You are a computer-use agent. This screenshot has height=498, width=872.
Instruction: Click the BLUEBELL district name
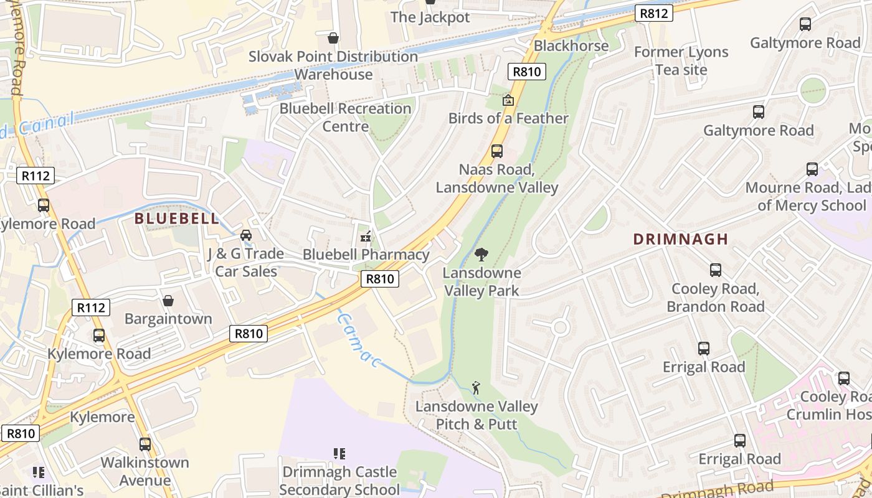pyautogui.click(x=177, y=218)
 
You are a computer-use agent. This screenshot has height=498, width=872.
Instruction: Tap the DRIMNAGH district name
pyautogui.click(x=680, y=239)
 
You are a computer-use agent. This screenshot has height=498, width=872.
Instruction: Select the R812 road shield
pyautogui.click(x=654, y=13)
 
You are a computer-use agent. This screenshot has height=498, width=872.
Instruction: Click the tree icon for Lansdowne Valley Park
pyautogui.click(x=481, y=254)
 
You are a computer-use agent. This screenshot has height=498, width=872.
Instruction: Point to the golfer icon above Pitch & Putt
pyautogui.click(x=476, y=388)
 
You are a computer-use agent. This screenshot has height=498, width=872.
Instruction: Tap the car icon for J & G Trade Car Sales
pyautogui.click(x=246, y=235)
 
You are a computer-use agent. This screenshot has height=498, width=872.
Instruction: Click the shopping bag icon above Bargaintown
pyautogui.click(x=168, y=301)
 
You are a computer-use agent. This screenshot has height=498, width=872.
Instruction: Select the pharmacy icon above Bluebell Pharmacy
pyautogui.click(x=366, y=237)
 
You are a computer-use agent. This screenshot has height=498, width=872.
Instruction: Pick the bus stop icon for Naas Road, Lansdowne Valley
pyautogui.click(x=496, y=151)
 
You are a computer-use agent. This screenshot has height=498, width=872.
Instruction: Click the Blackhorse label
pyautogui.click(x=571, y=45)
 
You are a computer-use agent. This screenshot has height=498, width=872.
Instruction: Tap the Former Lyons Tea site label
pyautogui.click(x=681, y=60)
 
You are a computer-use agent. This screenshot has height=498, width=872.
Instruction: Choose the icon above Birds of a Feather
pyautogui.click(x=508, y=100)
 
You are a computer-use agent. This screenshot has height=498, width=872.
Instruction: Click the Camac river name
pyautogui.click(x=358, y=339)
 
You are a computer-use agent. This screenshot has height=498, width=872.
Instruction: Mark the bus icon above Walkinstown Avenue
pyautogui.click(x=145, y=444)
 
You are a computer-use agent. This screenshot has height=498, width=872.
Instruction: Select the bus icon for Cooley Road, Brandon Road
pyautogui.click(x=715, y=270)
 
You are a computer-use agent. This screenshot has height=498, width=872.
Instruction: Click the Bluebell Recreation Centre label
pyautogui.click(x=345, y=117)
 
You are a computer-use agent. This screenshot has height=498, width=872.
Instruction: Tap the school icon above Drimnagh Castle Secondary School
pyautogui.click(x=339, y=454)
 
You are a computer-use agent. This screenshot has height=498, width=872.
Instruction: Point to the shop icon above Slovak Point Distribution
pyautogui.click(x=333, y=38)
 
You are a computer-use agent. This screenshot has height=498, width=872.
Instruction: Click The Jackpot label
pyautogui.click(x=430, y=17)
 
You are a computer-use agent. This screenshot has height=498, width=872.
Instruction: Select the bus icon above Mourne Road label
pyautogui.click(x=812, y=169)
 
